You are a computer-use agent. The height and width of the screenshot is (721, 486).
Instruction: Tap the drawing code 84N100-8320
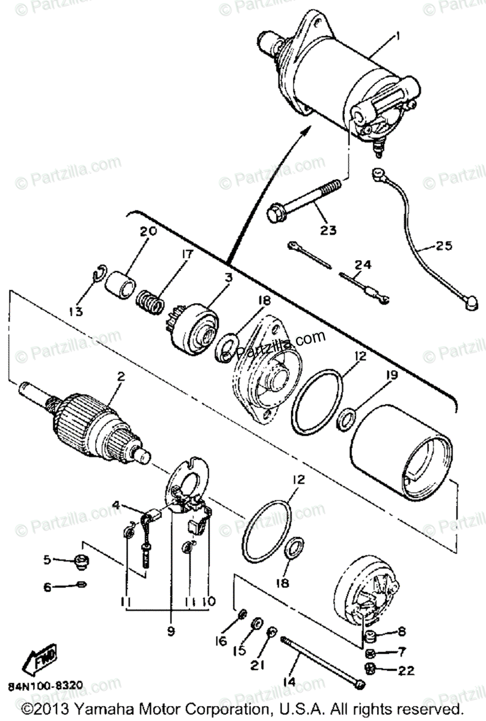(46, 686)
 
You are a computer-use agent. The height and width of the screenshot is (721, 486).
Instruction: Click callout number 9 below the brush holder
(170, 631)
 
